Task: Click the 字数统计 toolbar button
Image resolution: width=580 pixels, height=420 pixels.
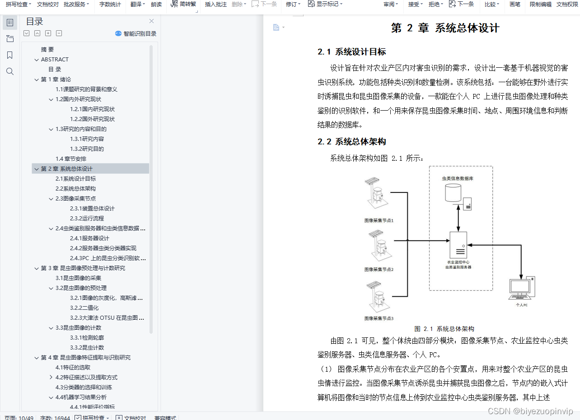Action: pyautogui.click(x=110, y=5)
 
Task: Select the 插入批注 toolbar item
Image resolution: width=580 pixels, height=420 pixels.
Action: pyautogui.click(x=215, y=5)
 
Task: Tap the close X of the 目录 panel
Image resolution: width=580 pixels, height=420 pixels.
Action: pyautogui.click(x=152, y=21)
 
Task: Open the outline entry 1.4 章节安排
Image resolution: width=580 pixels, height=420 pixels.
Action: pyautogui.click(x=71, y=159)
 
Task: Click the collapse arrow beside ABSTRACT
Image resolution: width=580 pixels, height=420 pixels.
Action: pyautogui.click(x=37, y=60)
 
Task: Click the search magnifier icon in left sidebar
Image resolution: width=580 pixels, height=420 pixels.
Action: pyautogui.click(x=10, y=71)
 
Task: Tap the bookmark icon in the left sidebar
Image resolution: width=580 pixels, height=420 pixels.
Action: pyautogui.click(x=10, y=55)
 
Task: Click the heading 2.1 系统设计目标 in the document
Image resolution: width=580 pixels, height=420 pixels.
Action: pyautogui.click(x=351, y=52)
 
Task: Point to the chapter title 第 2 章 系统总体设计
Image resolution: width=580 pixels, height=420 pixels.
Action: pyautogui.click(x=445, y=28)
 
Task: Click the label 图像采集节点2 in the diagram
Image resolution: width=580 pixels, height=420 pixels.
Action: pyautogui.click(x=379, y=270)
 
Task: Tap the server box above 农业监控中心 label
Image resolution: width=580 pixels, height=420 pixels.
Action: pyautogui.click(x=458, y=245)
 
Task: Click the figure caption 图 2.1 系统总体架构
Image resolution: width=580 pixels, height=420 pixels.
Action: pyautogui.click(x=444, y=329)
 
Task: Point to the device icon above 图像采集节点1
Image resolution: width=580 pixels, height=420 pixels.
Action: pyautogui.click(x=375, y=195)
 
